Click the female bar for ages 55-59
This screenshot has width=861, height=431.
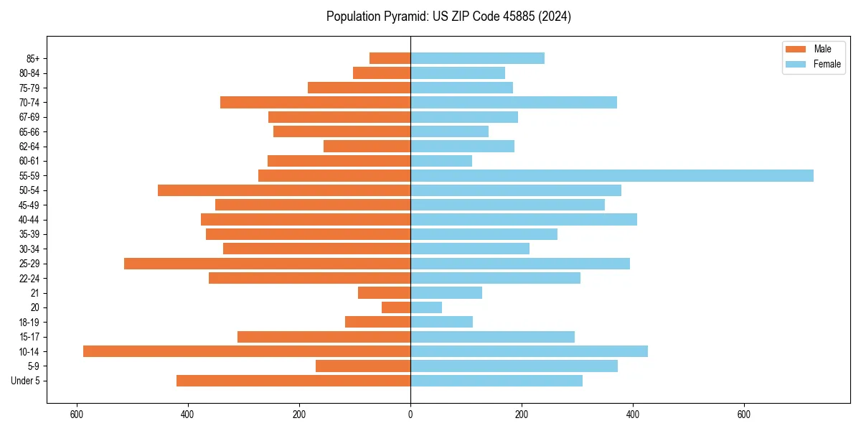coord(611,176)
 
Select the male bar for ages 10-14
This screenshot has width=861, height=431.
coord(247,351)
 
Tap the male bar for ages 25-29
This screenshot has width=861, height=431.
coord(267,264)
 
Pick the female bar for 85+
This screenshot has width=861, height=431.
coord(477,58)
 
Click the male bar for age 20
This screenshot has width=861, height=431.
coord(396,307)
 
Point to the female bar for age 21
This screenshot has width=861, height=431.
coord(446,293)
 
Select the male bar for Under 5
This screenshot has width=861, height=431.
coord(293,381)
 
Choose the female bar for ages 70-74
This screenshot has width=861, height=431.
coord(514,103)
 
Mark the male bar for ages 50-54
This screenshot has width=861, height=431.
coord(284,190)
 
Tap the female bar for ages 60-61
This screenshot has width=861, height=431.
coord(441,161)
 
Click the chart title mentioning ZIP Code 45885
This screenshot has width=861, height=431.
coord(448,17)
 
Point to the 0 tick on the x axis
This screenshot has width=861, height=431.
coord(410,414)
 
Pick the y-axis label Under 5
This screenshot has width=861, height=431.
coord(26,381)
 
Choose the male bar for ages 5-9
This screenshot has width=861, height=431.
coord(363,366)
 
